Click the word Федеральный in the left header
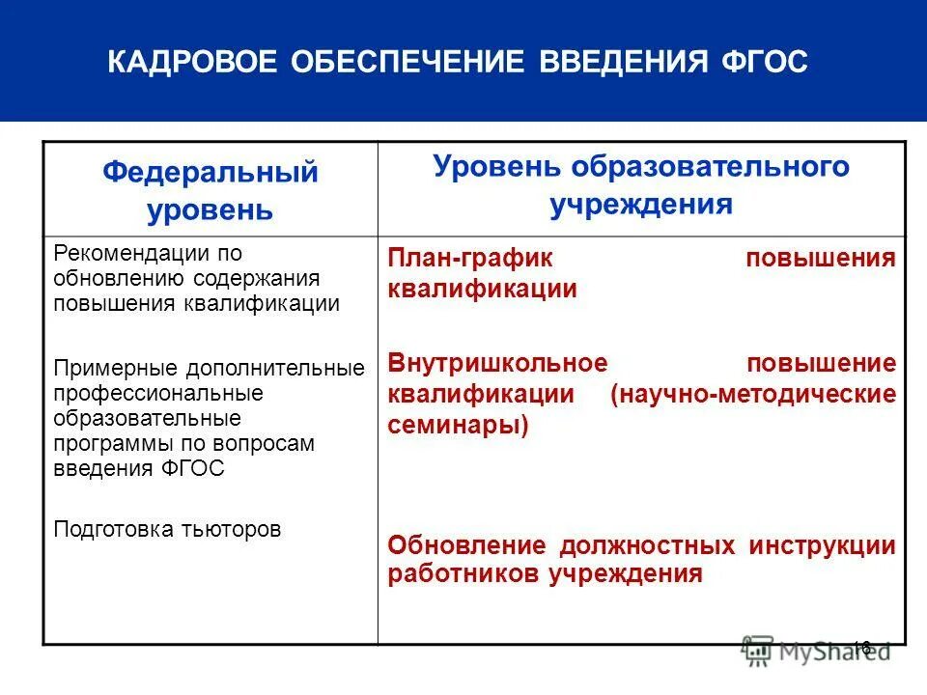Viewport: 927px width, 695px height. point(211,173)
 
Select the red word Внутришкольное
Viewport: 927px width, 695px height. point(497,363)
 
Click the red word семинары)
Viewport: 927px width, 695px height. point(458,426)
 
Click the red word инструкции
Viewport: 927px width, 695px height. point(822,544)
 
